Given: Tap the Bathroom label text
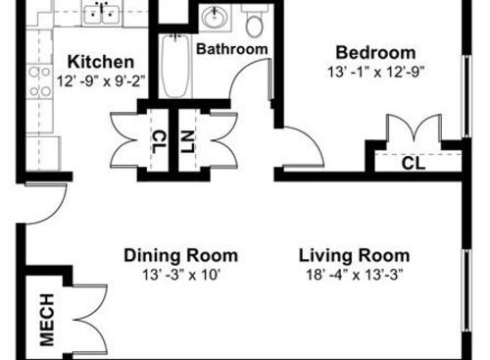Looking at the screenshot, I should tap(232, 49).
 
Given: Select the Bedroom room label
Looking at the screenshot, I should tap(375, 52).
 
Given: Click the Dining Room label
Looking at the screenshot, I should tap(180, 256).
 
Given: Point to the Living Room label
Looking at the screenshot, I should tap(354, 256).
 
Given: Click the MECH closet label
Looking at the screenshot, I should tap(47, 320).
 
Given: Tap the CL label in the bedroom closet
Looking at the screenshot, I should tap(414, 163).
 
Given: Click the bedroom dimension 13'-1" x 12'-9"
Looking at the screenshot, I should tap(375, 72).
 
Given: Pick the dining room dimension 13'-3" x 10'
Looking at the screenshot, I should tap(180, 275).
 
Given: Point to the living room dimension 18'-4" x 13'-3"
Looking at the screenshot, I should tap(354, 275).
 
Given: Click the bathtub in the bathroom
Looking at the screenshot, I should tap(174, 67).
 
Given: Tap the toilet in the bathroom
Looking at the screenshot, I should tap(255, 20).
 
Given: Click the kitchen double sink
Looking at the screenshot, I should tap(101, 14).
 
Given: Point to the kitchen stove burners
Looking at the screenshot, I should tap(41, 83).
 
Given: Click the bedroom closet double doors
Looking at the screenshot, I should tap(409, 130).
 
